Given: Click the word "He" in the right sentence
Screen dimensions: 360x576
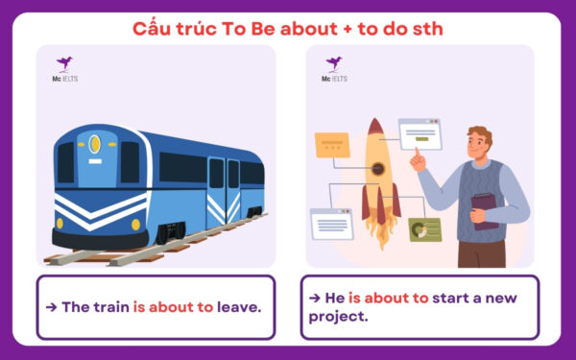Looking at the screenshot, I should tap(334, 298).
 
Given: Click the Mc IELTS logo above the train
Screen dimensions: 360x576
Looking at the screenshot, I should tap(65, 68).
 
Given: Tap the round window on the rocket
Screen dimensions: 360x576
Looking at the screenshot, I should tap(379, 170).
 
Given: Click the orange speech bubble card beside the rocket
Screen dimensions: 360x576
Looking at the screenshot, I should tap(332, 145).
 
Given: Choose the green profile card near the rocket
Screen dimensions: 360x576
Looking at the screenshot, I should tap(423, 229).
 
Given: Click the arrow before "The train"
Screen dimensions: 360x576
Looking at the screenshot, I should tap(52, 307).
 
